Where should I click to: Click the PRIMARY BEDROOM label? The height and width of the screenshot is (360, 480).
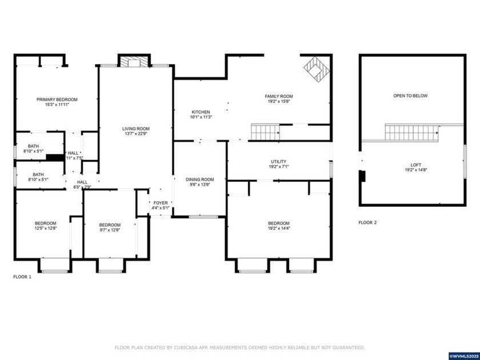(57, 99)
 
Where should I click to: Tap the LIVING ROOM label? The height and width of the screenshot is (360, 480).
(136, 129)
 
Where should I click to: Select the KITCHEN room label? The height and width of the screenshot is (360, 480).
(201, 112)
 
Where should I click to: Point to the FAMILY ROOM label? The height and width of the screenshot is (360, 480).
(278, 97)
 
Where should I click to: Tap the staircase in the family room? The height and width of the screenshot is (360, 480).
(265, 132)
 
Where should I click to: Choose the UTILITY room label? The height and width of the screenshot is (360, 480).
(278, 162)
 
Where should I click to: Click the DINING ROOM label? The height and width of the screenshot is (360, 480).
(200, 179)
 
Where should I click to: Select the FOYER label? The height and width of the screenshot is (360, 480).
(161, 203)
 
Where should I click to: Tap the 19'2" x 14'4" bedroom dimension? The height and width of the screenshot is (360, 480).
(278, 229)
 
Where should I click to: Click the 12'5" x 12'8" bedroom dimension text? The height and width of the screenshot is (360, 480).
(46, 229)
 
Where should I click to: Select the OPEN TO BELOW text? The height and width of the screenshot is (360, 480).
(410, 95)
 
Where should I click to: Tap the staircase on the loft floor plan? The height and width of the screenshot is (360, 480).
(411, 133)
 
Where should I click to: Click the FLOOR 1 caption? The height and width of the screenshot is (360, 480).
(23, 277)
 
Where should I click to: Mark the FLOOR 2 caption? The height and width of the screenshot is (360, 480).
(367, 222)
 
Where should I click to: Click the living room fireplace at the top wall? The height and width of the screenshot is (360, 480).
(135, 62)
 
